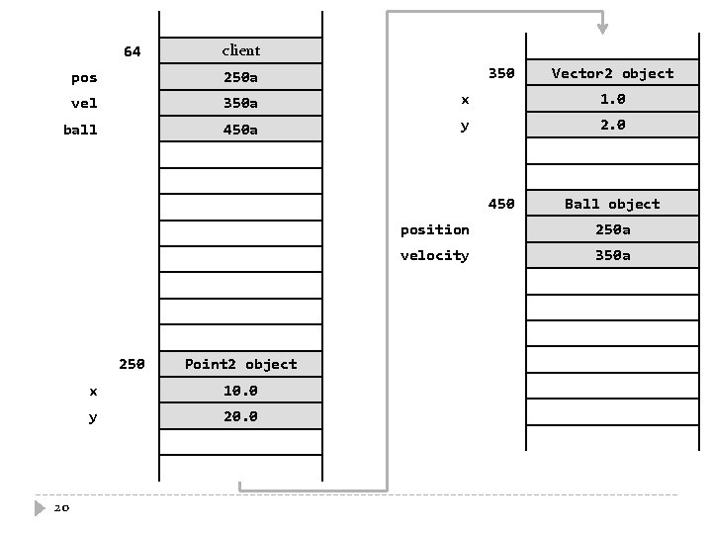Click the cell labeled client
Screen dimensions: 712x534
240,50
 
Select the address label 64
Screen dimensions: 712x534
132,51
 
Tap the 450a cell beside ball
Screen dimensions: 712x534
240,130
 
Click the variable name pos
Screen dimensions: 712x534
84,77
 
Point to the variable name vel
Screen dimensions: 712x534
84,103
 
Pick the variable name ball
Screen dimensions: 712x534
80,130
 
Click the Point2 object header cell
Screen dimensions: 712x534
240,364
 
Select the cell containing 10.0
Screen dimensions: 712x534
240,391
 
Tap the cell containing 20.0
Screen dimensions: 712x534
240,416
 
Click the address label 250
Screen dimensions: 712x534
132,364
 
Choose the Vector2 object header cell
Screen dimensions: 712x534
612,73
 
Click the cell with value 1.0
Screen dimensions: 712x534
612,99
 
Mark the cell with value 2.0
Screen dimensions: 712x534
612,125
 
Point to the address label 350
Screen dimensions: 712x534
501,73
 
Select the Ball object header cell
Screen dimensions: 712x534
612,204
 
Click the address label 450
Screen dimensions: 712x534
501,204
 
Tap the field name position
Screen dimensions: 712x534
434,229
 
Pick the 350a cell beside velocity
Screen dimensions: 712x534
612,255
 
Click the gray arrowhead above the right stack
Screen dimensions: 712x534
602,28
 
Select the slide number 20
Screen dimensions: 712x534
61,508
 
